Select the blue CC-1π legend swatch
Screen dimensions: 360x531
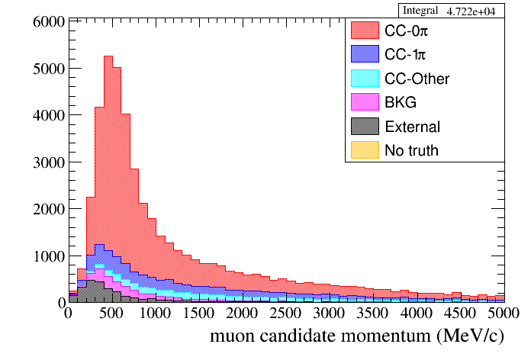[365, 54]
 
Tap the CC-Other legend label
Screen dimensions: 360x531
[417, 79]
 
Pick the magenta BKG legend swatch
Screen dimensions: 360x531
[365, 102]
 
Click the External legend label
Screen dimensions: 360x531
[413, 127]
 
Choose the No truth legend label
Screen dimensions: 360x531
[412, 150]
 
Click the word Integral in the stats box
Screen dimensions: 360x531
[418, 11]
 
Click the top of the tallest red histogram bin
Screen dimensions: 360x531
[108, 56]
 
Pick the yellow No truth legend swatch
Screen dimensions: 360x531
[365, 150]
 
